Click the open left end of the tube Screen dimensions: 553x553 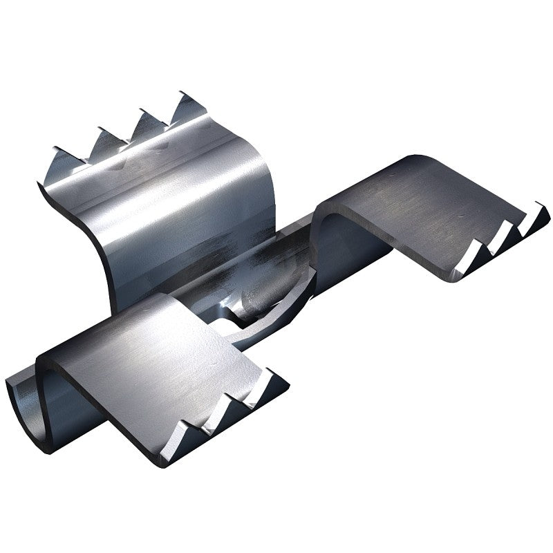point(24,408)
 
